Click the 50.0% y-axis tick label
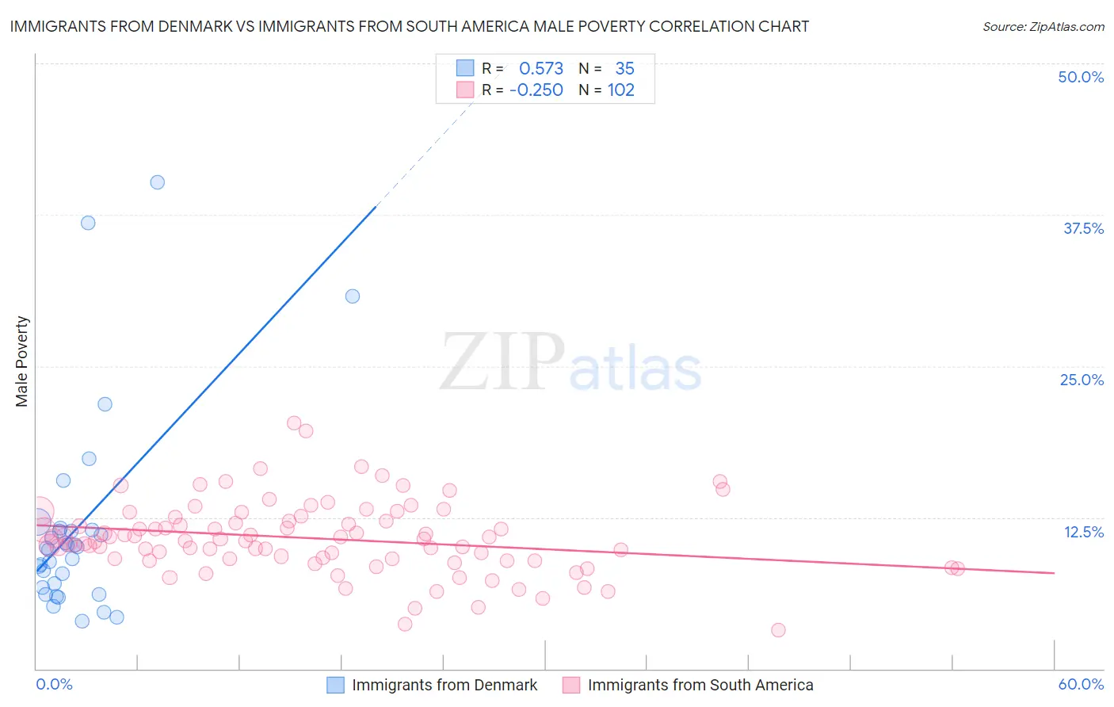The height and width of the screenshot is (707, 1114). pos(1081,77)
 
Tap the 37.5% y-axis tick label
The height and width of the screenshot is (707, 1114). pos(1083,228)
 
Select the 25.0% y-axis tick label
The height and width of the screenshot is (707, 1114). pos(1082,380)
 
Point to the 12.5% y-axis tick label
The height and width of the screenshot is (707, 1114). pos(1083,532)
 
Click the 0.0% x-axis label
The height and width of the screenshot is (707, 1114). pos(54,684)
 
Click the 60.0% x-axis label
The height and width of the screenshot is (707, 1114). pos(1081,684)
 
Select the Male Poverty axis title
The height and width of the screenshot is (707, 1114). pos(21,361)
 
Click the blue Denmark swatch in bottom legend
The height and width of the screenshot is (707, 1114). pos(336,685)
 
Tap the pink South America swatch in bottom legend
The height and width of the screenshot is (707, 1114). pos(571,685)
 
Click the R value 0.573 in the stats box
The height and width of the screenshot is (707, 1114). pos(541,68)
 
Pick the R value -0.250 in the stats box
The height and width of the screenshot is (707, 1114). pos(536,90)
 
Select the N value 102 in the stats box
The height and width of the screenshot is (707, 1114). pos(621,90)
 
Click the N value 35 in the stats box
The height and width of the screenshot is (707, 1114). pos(624,68)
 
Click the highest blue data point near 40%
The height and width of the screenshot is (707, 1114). pos(158,182)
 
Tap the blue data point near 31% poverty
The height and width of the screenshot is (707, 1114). pos(353,296)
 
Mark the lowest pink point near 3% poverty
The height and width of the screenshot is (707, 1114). pos(778,630)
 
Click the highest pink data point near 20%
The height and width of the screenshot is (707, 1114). pos(294,423)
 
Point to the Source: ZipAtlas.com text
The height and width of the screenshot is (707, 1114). pos(1043,26)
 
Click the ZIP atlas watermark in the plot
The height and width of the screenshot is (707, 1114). pos(570,363)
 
